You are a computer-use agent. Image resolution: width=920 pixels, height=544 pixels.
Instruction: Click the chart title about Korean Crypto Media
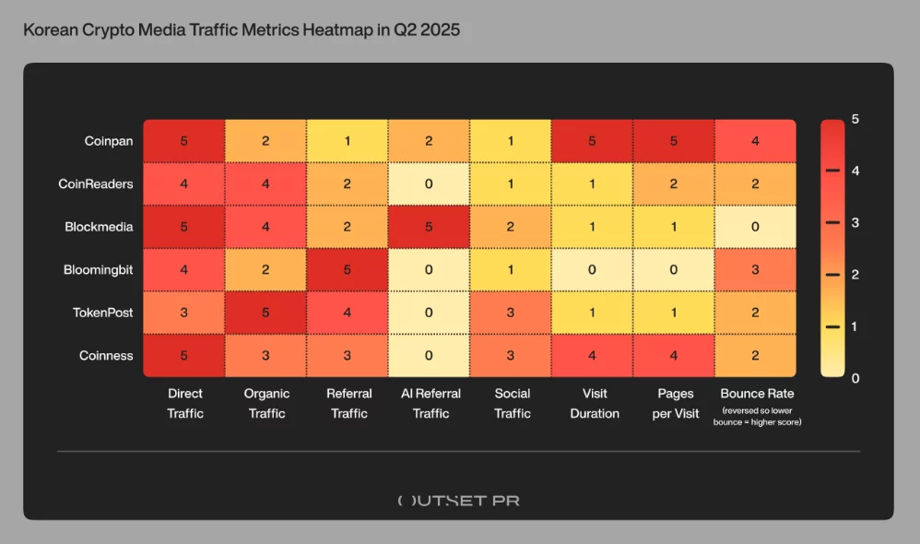[241, 30]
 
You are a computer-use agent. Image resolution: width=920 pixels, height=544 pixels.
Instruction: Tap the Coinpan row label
[109, 141]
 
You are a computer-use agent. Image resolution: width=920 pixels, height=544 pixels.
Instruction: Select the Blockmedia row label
[99, 227]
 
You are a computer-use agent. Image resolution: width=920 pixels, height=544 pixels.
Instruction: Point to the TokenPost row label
[102, 313]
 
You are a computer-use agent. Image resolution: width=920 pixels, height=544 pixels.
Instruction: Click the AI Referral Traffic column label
[431, 404]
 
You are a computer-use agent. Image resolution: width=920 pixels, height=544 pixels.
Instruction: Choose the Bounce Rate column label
[756, 394]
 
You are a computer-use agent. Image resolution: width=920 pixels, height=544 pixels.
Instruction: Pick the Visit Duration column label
[595, 404]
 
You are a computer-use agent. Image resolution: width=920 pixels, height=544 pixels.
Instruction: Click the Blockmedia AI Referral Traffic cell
[431, 227]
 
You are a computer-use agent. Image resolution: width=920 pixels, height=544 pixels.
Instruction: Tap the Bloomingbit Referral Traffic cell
[348, 270]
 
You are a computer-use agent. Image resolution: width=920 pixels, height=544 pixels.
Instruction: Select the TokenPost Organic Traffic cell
[266, 313]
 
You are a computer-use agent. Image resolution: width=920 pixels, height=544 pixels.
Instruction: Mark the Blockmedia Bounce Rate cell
[755, 227]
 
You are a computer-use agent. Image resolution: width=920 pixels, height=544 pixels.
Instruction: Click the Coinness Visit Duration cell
[592, 356]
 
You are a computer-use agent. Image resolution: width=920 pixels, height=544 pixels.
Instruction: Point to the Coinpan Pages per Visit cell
[674, 141]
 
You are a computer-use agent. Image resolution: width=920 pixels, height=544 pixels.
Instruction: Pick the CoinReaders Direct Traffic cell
[184, 183]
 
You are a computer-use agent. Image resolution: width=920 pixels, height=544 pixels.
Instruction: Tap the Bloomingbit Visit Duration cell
[592, 270]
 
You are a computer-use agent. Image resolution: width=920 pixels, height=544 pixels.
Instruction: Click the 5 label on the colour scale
[855, 119]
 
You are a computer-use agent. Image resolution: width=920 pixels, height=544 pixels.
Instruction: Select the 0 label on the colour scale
[855, 378]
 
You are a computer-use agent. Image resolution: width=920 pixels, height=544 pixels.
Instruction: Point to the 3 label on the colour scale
[855, 222]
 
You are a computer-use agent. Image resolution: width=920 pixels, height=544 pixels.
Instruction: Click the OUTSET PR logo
[458, 501]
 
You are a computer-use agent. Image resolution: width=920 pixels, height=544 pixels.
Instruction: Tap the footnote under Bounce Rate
[756, 416]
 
